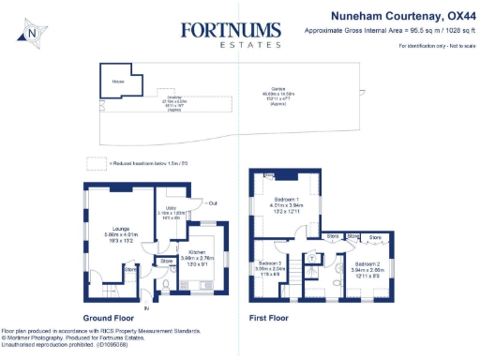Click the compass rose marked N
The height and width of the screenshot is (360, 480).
34,33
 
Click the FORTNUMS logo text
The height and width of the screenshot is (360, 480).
232,30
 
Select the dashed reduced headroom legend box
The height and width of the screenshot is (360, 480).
93,162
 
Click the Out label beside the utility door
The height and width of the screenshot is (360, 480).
213,202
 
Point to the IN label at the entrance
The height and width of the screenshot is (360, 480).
145,307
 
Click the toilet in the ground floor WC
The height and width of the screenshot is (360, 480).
165,283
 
